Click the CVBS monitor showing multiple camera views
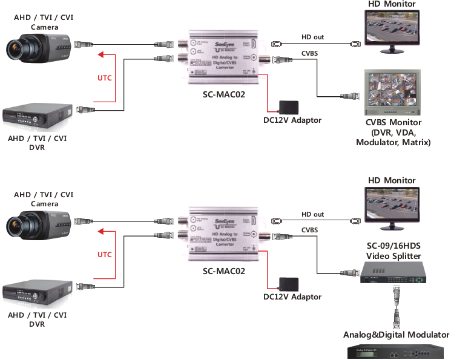click(x=392, y=93)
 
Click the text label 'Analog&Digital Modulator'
click(x=396, y=335)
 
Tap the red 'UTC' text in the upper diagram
click(x=105, y=77)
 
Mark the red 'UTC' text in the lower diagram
click(x=105, y=255)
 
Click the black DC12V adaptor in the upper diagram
click(x=288, y=107)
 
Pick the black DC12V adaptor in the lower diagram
click(x=288, y=284)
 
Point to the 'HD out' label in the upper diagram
click(x=312, y=38)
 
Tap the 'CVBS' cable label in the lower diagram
click(x=309, y=230)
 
